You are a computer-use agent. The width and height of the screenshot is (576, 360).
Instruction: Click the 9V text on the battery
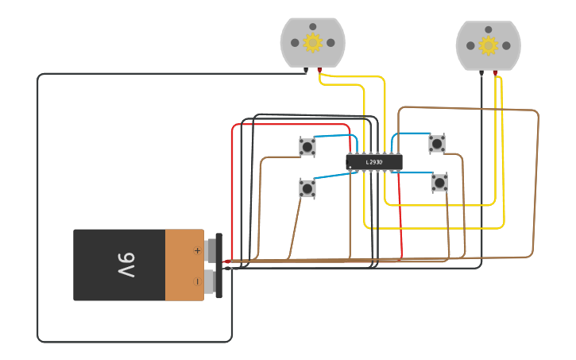pos(126,265)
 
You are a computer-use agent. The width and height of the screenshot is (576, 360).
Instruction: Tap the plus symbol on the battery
pos(197,250)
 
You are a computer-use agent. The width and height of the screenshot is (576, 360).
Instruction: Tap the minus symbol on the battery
pos(197,281)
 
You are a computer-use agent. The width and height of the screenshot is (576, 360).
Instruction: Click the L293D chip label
pos(374,162)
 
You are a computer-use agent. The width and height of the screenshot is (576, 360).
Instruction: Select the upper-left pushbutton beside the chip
pos(307,146)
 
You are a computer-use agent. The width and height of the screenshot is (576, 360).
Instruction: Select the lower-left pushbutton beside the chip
pos(307,188)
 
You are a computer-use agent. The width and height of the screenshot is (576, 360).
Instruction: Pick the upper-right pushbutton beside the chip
pos(437,143)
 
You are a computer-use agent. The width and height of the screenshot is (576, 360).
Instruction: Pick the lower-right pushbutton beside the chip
pos(439,183)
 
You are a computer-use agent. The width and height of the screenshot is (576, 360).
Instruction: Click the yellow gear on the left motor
pos(313,43)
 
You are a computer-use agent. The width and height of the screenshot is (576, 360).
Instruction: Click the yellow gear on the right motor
pos(489,45)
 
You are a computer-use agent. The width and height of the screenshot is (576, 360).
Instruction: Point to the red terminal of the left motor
pos(320,71)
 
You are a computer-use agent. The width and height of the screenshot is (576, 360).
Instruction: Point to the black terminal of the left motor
pos(306,71)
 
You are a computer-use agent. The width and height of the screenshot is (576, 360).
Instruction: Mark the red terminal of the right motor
pos(496,73)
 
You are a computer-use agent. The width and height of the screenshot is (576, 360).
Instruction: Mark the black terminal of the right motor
pos(481,73)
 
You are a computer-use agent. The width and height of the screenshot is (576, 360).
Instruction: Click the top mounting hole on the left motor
pos(313,26)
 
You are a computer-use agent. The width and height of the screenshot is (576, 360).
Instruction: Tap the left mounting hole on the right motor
pos(470,45)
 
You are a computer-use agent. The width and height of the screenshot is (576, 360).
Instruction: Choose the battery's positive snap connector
pos(211,250)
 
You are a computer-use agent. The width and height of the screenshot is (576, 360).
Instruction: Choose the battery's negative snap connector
pos(211,281)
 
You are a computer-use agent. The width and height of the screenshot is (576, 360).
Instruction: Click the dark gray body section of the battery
pos(119,265)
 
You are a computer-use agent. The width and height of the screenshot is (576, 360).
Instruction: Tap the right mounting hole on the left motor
pos(331,43)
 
